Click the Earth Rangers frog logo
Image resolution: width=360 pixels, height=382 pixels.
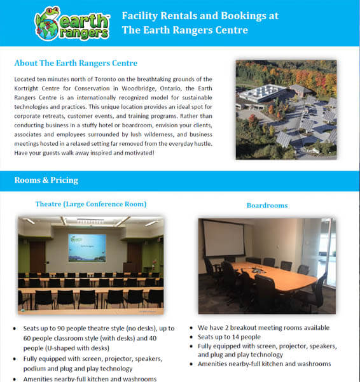(x=71, y=23)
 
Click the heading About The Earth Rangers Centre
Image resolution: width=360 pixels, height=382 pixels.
(x=76, y=64)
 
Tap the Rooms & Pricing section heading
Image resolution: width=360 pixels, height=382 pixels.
(x=46, y=180)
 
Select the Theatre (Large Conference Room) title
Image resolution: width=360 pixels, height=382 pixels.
(x=91, y=204)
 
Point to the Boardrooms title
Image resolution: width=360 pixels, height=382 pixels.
(x=267, y=206)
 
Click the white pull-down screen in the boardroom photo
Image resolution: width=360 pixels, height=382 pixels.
(x=224, y=238)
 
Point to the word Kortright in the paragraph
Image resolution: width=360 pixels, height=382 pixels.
(x=30, y=87)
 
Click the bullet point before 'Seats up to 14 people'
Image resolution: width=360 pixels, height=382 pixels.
(x=191, y=337)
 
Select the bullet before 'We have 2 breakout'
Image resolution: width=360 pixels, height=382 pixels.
(x=191, y=327)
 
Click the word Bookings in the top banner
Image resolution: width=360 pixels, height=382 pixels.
(x=251, y=16)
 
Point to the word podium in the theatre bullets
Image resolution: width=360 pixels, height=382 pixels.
(x=37, y=368)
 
